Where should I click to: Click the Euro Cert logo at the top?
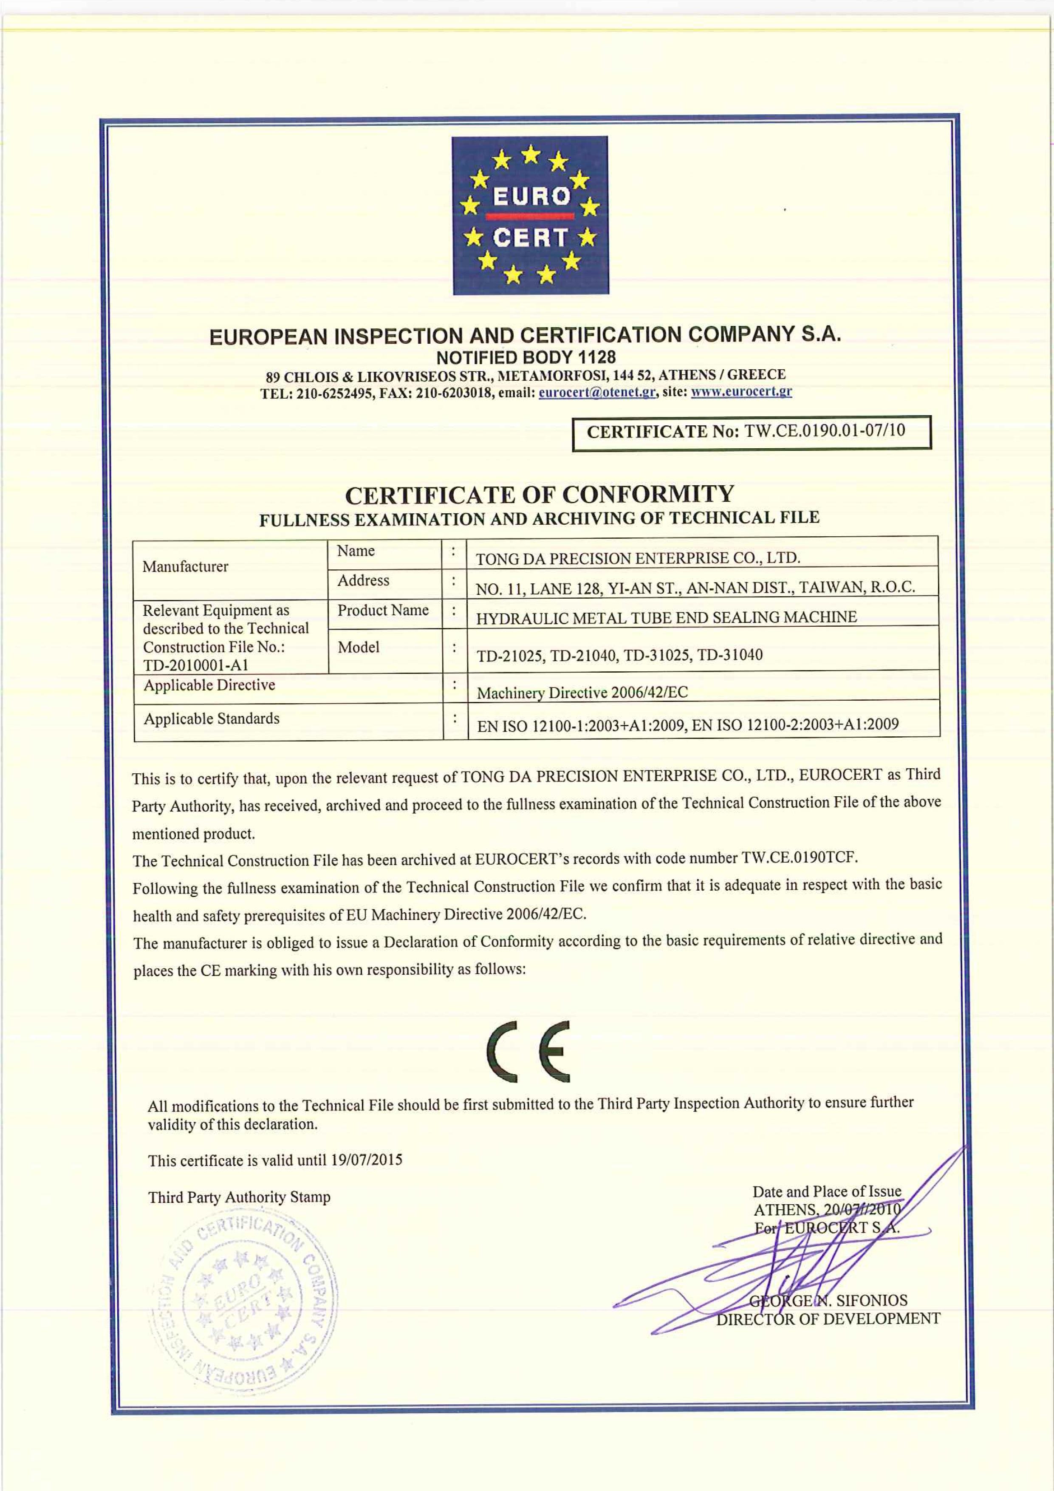point(530,215)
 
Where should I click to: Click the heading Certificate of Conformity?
point(539,495)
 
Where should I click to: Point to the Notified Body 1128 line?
point(526,357)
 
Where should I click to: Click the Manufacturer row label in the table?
point(186,567)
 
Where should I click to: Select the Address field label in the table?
point(363,580)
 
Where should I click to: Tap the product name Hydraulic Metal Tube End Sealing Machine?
point(666,617)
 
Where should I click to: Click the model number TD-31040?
point(730,655)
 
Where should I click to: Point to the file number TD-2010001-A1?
point(195,665)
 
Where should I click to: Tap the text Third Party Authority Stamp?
point(239,1197)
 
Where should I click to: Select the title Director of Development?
point(828,1319)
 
